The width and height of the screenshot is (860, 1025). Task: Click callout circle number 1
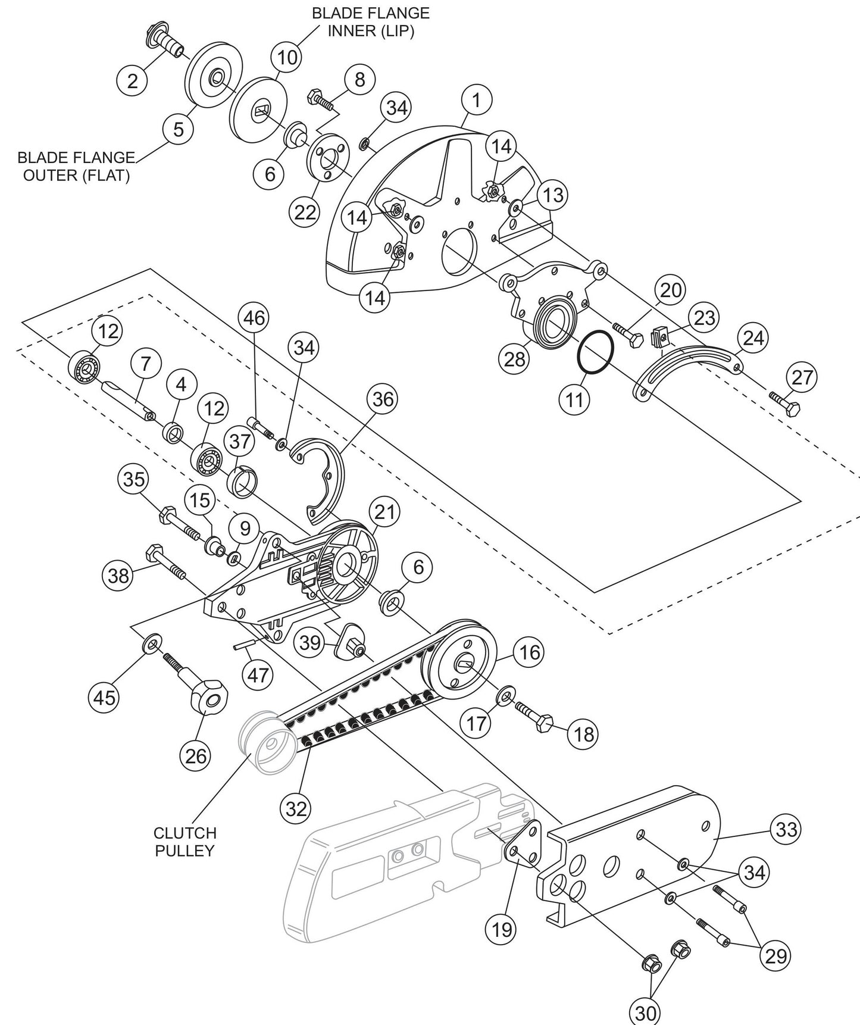477,101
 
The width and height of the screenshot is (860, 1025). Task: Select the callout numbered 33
786,829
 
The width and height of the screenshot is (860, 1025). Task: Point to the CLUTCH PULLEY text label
184,842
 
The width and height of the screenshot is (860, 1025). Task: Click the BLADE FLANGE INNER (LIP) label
371,22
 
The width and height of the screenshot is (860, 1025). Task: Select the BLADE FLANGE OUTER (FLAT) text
76,167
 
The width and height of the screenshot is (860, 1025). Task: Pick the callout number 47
258,674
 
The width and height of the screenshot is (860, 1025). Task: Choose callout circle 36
383,398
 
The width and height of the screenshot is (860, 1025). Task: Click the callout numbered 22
305,212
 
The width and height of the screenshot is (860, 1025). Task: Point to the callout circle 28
515,359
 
